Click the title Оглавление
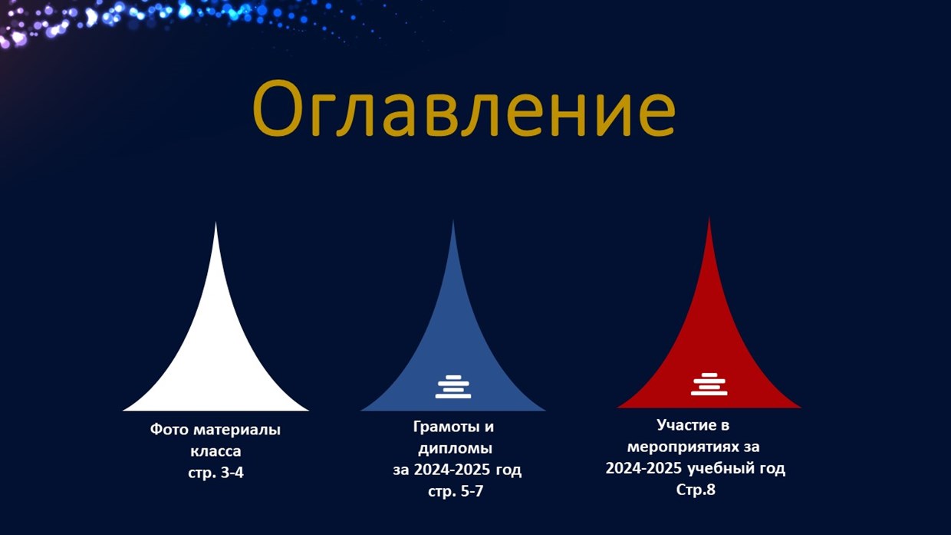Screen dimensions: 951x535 click(x=463, y=108)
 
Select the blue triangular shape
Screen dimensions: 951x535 click(x=453, y=340)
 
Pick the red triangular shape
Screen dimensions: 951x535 click(x=709, y=340)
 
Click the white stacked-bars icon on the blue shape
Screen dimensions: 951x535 click(x=453, y=387)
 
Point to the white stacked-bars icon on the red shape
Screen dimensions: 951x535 click(x=709, y=384)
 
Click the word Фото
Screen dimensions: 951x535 click(x=169, y=430)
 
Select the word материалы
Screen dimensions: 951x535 click(x=237, y=430)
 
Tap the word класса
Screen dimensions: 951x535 click(x=216, y=451)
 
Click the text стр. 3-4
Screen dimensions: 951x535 click(x=216, y=473)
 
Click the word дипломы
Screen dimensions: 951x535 click(x=456, y=449)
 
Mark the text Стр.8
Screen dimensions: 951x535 click(x=696, y=490)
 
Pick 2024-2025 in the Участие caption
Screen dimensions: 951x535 click(x=644, y=468)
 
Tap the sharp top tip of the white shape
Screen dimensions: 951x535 click(x=216, y=223)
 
